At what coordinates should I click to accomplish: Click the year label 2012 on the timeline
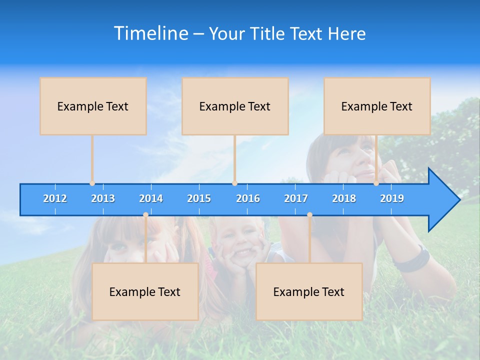click(x=55, y=198)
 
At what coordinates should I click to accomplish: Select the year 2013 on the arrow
click(x=103, y=198)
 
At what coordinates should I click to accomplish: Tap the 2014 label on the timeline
click(x=151, y=198)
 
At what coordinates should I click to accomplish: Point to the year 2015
click(x=199, y=198)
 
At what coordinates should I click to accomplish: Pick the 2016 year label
click(x=248, y=198)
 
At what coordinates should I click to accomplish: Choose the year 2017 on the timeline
click(x=296, y=198)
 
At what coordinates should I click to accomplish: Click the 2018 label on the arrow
click(x=344, y=198)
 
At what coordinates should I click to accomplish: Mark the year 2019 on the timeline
click(x=392, y=198)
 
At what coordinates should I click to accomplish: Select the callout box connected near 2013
click(x=93, y=106)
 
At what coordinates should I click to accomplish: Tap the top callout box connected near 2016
click(x=235, y=106)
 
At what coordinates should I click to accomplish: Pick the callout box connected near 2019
click(x=377, y=106)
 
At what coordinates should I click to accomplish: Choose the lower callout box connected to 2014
click(x=145, y=291)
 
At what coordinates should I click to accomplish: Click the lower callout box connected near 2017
click(x=309, y=291)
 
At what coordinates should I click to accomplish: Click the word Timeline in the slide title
click(x=150, y=33)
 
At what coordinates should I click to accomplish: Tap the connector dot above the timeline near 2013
click(x=92, y=183)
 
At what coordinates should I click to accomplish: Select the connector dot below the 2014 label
click(x=145, y=214)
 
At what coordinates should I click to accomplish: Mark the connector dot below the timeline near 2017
click(x=309, y=214)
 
